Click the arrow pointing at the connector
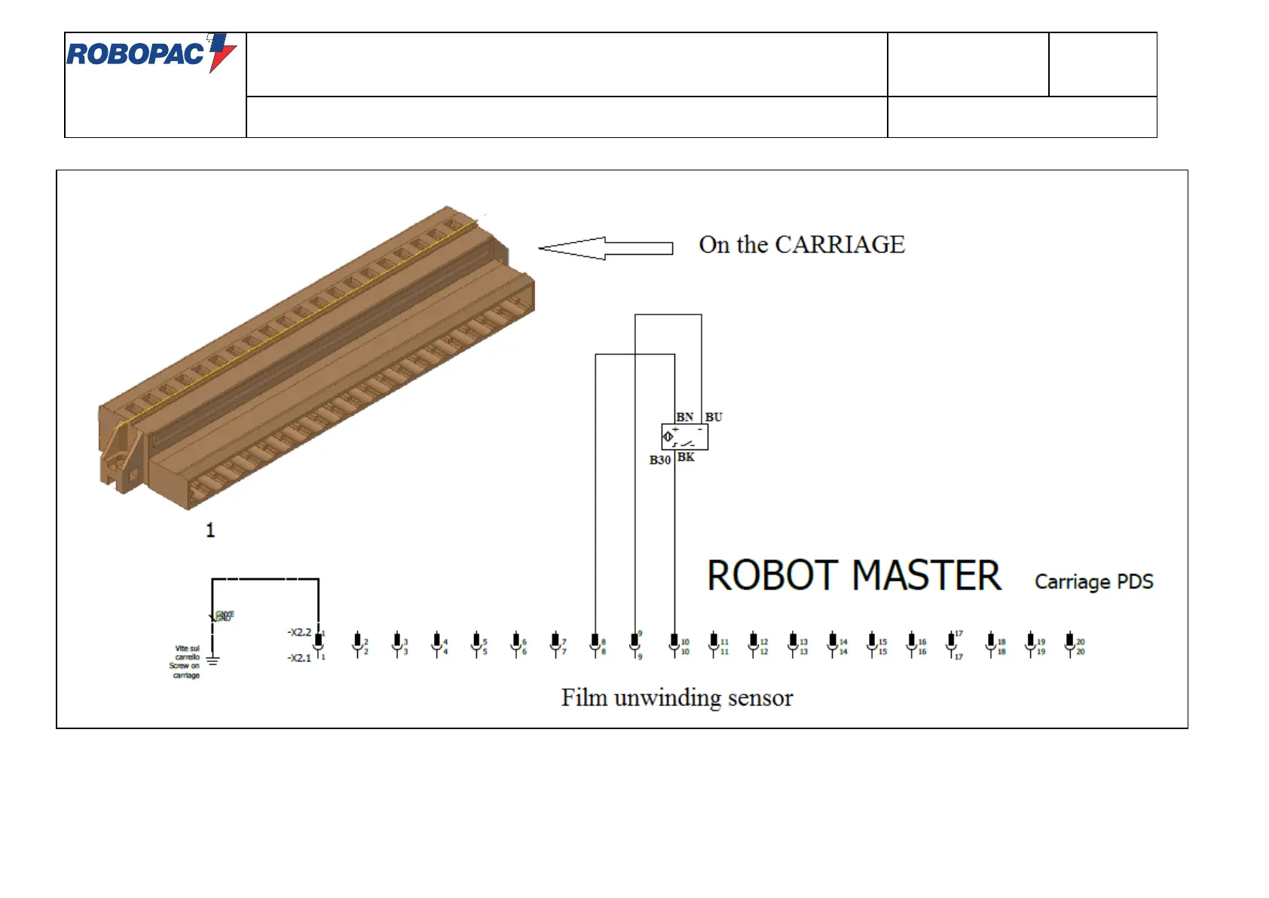[605, 248]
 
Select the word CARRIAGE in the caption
[839, 244]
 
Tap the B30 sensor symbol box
[684, 437]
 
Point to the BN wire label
[684, 417]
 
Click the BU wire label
[714, 417]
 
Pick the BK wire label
[686, 457]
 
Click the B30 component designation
[660, 460]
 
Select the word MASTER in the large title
[927, 576]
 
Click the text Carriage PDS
[1093, 581]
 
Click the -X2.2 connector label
[299, 632]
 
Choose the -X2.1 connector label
[299, 657]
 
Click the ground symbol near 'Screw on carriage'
[213, 661]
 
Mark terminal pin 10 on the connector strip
[674, 643]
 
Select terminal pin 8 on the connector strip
[595, 643]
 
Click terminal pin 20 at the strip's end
[1070, 643]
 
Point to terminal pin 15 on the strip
[872, 643]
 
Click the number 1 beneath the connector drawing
[210, 530]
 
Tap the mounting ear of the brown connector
[119, 461]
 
